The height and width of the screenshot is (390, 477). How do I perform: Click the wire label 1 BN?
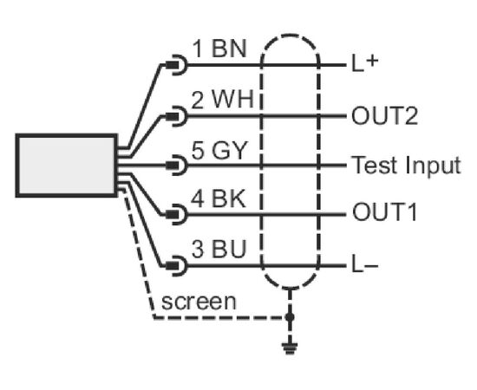(x=219, y=49)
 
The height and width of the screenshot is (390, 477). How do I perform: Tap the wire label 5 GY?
(x=219, y=150)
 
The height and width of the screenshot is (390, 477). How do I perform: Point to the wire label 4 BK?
(x=218, y=199)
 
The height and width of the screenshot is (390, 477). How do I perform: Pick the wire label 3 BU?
(x=219, y=249)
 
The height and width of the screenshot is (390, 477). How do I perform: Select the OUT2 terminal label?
(x=384, y=116)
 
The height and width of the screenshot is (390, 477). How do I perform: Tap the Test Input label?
(x=406, y=165)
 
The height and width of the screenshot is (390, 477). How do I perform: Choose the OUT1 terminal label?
(x=384, y=211)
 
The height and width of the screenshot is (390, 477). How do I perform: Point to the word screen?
(x=199, y=302)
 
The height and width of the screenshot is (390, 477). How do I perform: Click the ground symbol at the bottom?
(x=290, y=348)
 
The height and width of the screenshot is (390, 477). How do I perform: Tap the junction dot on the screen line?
(x=290, y=317)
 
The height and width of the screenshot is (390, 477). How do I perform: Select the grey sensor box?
(x=67, y=165)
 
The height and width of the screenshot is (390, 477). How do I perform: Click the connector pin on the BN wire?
(x=176, y=65)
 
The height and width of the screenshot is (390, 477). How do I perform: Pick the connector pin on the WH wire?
(x=176, y=116)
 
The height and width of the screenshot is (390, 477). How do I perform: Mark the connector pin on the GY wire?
(x=176, y=165)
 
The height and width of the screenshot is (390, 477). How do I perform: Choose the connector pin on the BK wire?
(x=176, y=215)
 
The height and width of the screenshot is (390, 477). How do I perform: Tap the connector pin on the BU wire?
(x=176, y=266)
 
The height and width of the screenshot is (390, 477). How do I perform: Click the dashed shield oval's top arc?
(x=290, y=36)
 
